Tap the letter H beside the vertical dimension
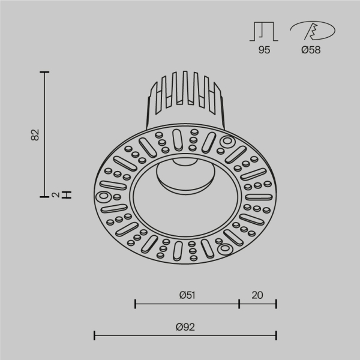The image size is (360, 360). pyautogui.click(x=67, y=194)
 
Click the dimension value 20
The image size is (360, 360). pyautogui.click(x=257, y=295)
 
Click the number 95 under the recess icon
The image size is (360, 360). pyautogui.click(x=264, y=50)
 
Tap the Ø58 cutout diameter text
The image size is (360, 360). pyautogui.click(x=311, y=50)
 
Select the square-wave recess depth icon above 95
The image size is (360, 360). pyautogui.click(x=264, y=31)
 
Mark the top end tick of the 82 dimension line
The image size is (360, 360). pyautogui.click(x=44, y=73)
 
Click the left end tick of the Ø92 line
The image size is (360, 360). pyautogui.click(x=95, y=335)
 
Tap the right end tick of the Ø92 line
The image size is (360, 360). pyautogui.click(x=276, y=335)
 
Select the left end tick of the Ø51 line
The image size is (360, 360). pyautogui.click(x=135, y=304)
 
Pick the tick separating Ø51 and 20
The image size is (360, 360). pyautogui.click(x=239, y=304)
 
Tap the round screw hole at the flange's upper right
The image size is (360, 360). pyautogui.click(x=227, y=142)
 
